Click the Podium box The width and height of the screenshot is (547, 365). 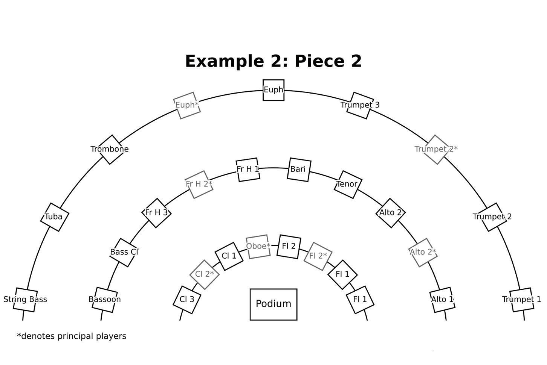[273, 304]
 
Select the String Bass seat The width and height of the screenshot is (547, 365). [25, 300]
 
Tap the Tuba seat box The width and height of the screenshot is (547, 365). [54, 217]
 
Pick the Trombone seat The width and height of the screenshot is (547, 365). [110, 149]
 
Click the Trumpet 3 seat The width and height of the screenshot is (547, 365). [360, 105]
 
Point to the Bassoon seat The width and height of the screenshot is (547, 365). [105, 300]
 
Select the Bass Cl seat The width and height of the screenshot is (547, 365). [124, 252]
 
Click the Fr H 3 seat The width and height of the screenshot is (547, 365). [156, 213]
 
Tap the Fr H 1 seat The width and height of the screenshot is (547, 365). [248, 170]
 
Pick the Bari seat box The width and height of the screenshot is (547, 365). [299, 170]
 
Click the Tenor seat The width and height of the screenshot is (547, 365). [347, 184]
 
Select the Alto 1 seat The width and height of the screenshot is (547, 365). [442, 300]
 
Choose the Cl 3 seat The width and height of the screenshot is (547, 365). [187, 300]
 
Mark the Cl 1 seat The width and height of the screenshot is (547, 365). [229, 256]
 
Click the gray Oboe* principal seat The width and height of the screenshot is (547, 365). [258, 247]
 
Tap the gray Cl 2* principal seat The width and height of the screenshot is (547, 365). [205, 274]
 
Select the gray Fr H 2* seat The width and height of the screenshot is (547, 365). [199, 184]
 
